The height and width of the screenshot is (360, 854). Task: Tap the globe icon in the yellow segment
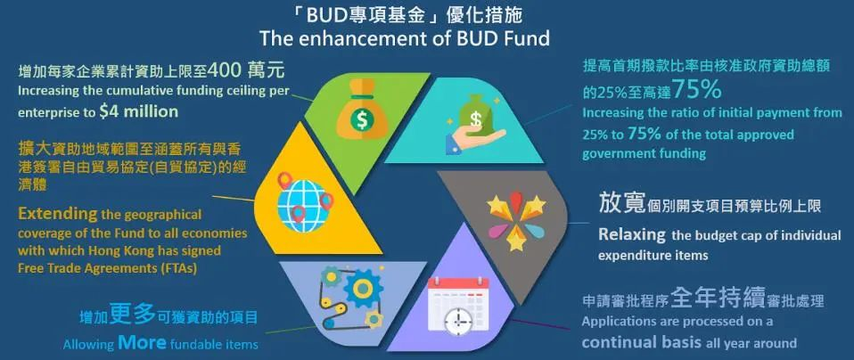pos(304,200)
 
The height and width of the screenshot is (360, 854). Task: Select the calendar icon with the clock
pos(458,305)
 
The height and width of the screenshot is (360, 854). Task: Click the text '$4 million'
pos(138,112)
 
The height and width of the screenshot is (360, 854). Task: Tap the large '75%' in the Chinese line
pos(696,90)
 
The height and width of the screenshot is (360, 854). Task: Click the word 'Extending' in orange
pos(58,214)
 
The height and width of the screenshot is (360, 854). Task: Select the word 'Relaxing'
pos(632,234)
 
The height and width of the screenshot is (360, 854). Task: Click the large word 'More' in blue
pos(142,342)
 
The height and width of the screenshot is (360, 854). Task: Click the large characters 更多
pos(132,315)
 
